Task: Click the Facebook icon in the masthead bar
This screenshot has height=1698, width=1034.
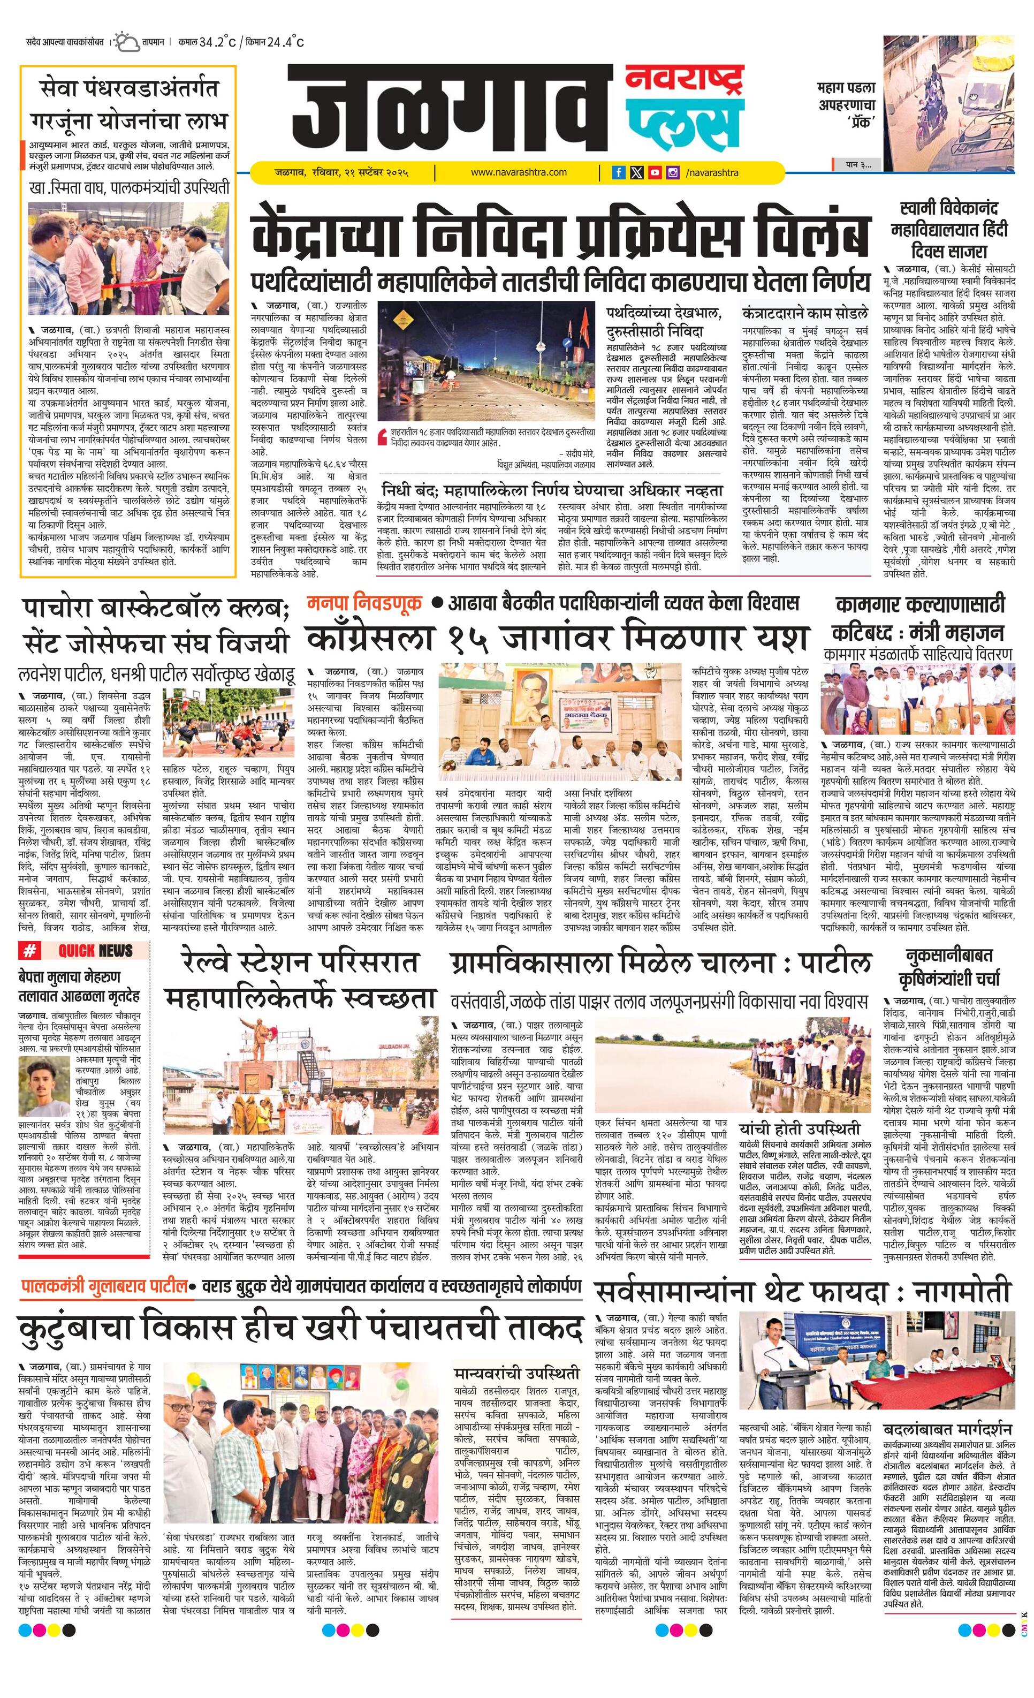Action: [619, 173]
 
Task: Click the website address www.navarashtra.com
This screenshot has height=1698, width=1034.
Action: [519, 172]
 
